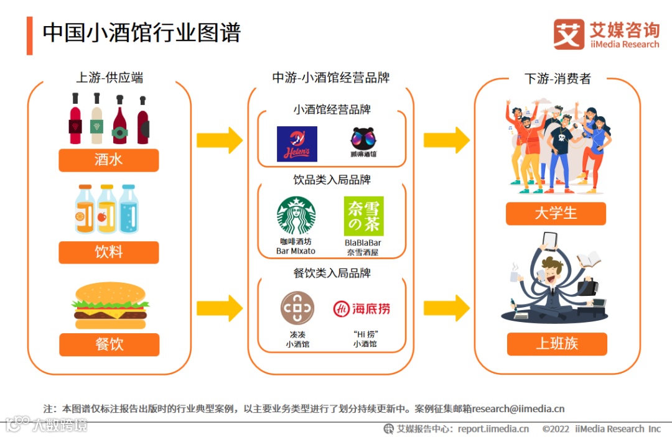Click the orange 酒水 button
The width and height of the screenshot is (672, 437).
pyautogui.click(x=109, y=160)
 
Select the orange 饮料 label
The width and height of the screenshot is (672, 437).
pyautogui.click(x=109, y=252)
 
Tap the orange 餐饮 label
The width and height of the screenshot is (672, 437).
pyautogui.click(x=109, y=344)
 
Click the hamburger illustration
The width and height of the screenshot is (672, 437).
pyautogui.click(x=110, y=305)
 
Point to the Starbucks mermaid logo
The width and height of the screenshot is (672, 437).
pyautogui.click(x=296, y=216)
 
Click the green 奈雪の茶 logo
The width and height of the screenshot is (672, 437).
pyautogui.click(x=363, y=216)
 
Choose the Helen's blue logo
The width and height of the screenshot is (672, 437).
pyautogui.click(x=297, y=144)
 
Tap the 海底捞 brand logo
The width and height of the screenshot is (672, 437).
pyautogui.click(x=362, y=308)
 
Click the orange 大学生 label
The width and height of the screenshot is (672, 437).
pyautogui.click(x=556, y=214)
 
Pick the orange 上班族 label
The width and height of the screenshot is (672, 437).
pyautogui.click(x=556, y=344)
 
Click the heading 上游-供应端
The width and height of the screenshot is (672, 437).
pyautogui.click(x=110, y=78)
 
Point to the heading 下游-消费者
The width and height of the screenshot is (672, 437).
pyautogui.click(x=557, y=79)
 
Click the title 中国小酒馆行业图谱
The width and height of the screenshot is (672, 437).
pyautogui.click(x=141, y=32)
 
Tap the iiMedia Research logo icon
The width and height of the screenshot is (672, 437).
pyautogui.click(x=569, y=34)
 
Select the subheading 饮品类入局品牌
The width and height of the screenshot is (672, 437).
pyautogui.click(x=332, y=180)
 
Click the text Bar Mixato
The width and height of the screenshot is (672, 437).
pyautogui.click(x=296, y=251)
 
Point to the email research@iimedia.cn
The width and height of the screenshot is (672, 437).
pyautogui.click(x=518, y=409)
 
